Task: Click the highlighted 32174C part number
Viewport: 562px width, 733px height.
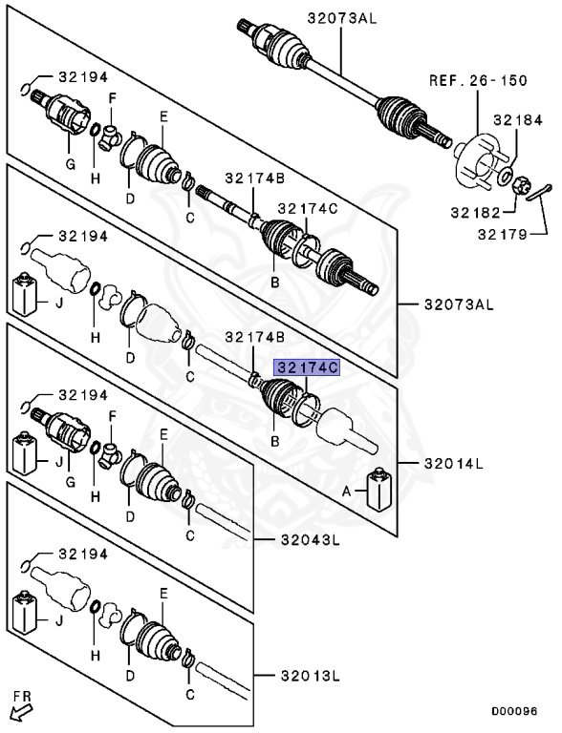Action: point(307,366)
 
